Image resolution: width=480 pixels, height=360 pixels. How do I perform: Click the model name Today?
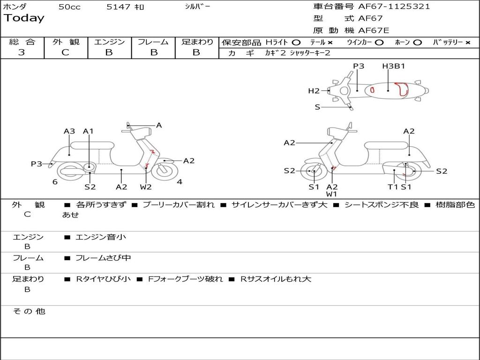tap(24, 18)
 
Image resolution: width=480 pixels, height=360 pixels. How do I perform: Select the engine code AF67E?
tap(374, 30)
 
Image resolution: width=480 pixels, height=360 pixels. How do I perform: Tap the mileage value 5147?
tap(118, 7)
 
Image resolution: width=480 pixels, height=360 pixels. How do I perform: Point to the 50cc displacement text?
tap(69, 7)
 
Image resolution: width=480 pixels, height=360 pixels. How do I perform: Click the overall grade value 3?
tap(22, 52)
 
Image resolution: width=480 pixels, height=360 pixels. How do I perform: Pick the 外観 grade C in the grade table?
tap(65, 52)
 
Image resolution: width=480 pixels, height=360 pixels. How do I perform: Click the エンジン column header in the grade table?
tap(109, 42)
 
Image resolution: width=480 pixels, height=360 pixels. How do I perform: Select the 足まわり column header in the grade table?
tap(196, 42)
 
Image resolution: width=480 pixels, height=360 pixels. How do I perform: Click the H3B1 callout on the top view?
tap(393, 66)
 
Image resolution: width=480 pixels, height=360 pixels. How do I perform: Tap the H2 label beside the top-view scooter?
tap(314, 91)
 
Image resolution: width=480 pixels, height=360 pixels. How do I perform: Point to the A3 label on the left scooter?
tap(69, 131)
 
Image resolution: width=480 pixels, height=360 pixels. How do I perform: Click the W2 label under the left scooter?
tap(146, 187)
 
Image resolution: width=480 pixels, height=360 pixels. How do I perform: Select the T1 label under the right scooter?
tap(392, 187)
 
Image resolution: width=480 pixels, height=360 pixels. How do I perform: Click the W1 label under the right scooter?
tap(332, 194)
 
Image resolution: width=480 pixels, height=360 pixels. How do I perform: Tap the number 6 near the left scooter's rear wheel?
tap(55, 182)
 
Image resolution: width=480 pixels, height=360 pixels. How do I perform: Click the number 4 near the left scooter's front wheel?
tap(180, 182)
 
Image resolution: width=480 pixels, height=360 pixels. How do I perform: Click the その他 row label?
tap(29, 311)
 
